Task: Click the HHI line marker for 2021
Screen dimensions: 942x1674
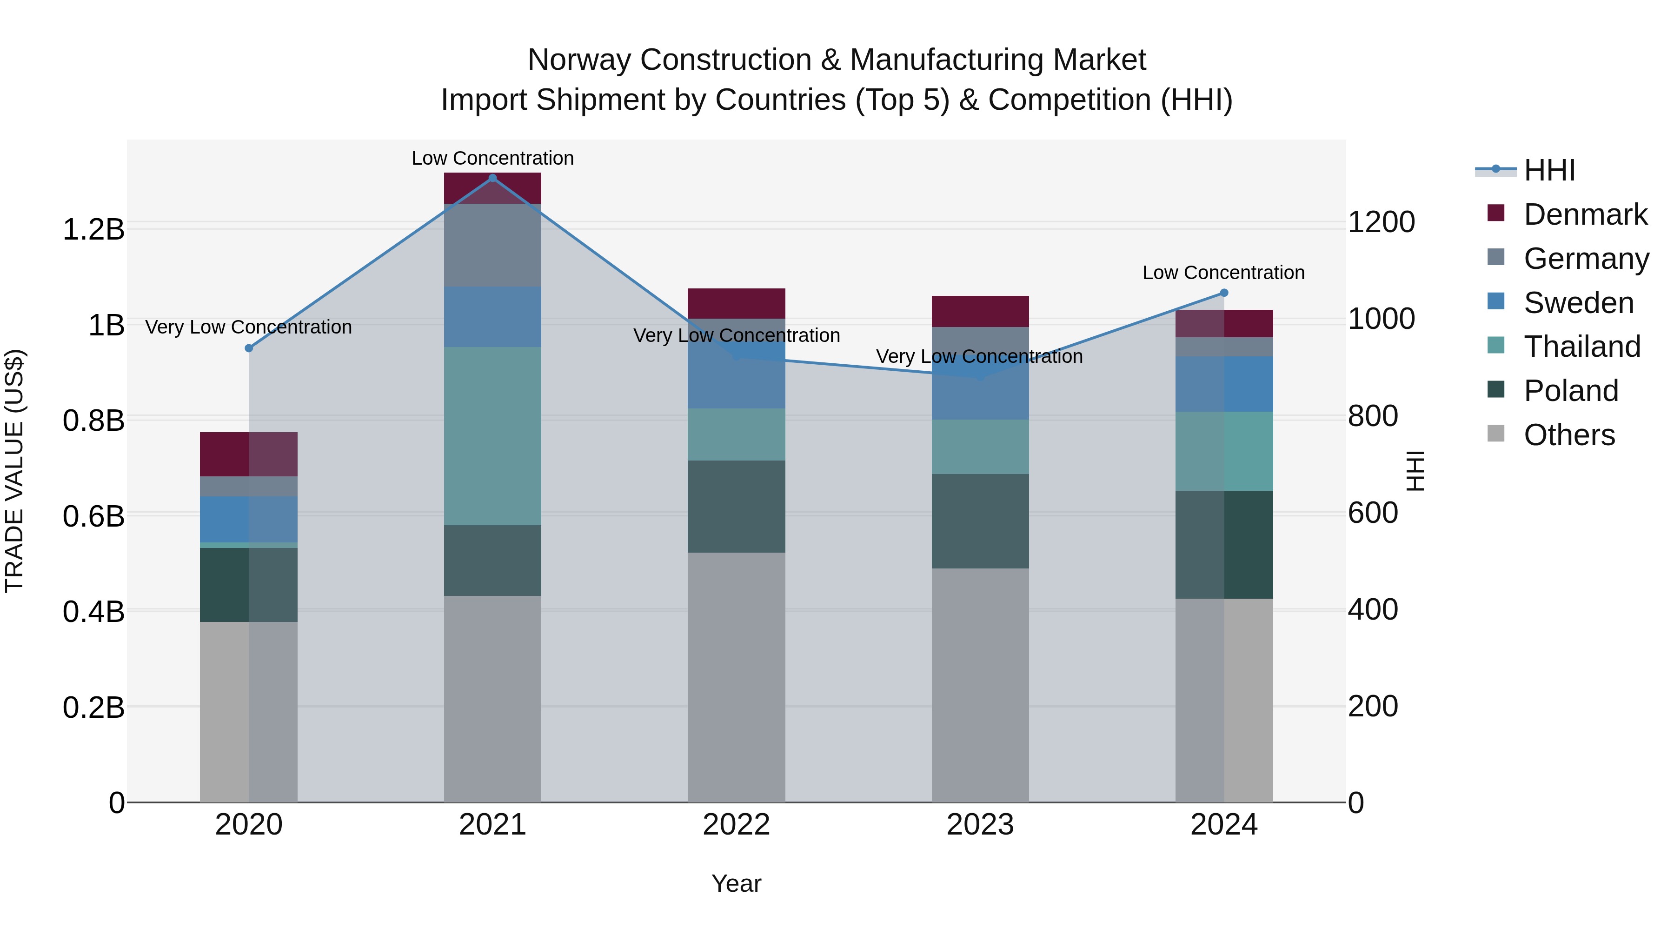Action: pos(492,178)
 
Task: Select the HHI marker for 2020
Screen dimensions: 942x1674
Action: pos(248,348)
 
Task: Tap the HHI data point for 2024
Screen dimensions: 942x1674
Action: pos(1224,293)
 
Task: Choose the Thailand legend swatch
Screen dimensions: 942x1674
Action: pos(1495,346)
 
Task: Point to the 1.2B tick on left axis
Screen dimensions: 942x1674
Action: pos(93,229)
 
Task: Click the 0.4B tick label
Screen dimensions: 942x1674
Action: pos(93,612)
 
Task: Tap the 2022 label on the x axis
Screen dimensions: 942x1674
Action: pos(736,825)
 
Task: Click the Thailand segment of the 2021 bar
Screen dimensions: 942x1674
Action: pos(492,435)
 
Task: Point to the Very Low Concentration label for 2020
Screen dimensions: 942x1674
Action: pos(248,327)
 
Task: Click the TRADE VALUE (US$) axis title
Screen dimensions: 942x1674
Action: pos(14,471)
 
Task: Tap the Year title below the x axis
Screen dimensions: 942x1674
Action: pos(736,883)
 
